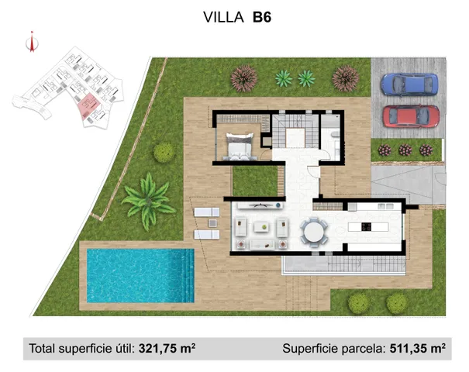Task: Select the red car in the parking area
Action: click(x=411, y=117)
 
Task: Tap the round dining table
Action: click(x=314, y=230)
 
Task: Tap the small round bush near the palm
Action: click(x=164, y=153)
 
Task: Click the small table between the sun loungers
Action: click(x=207, y=223)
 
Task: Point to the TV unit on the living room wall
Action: click(x=260, y=205)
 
